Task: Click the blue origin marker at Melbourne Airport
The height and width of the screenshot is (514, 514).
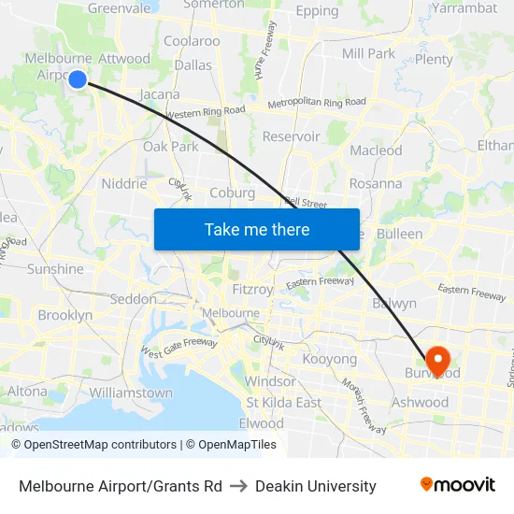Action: pyautogui.click(x=78, y=80)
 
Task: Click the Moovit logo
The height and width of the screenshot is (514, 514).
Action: pyautogui.click(x=457, y=485)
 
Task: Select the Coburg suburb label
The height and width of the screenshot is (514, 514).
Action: pyautogui.click(x=233, y=193)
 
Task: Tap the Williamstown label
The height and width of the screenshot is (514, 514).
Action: pyautogui.click(x=131, y=393)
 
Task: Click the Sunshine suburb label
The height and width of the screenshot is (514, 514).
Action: pyautogui.click(x=55, y=269)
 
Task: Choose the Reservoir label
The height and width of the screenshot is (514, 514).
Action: pyautogui.click(x=291, y=136)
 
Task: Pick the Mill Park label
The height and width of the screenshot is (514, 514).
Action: pyautogui.click(x=368, y=53)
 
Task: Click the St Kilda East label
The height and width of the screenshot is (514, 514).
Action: pyautogui.click(x=283, y=403)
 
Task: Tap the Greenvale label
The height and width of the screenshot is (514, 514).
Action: pyautogui.click(x=119, y=8)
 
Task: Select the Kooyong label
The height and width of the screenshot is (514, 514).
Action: pyautogui.click(x=329, y=359)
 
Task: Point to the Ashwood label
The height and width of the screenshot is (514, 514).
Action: pyautogui.click(x=421, y=403)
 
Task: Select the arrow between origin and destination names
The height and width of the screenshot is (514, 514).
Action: pyautogui.click(x=238, y=486)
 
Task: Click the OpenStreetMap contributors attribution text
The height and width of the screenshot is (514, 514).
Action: pyautogui.click(x=94, y=445)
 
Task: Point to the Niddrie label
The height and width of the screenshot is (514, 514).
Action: pyautogui.click(x=124, y=183)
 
